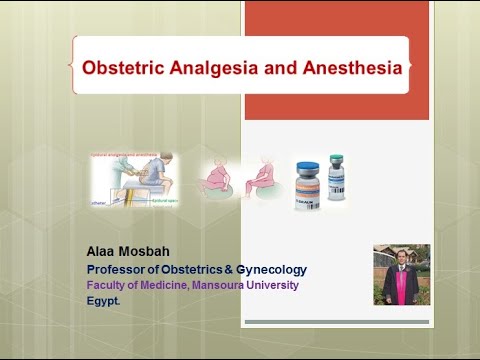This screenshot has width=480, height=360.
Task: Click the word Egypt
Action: pyautogui.click(x=103, y=300)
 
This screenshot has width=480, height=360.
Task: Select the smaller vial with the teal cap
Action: pyautogui.click(x=336, y=177)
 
